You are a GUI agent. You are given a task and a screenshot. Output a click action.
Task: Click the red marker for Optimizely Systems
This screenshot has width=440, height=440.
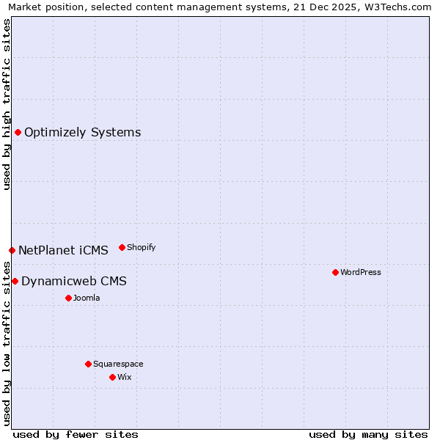[18, 132]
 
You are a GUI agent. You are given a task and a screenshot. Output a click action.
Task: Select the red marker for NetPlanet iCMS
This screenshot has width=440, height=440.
[12, 250]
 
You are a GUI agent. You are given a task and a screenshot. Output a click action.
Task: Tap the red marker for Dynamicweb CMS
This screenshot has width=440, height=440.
[15, 281]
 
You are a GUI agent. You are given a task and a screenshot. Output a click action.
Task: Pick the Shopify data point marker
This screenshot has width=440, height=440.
[122, 247]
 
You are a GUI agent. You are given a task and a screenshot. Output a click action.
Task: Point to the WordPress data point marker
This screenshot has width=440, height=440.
[335, 272]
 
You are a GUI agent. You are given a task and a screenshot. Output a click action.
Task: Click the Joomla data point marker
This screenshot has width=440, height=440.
[68, 298]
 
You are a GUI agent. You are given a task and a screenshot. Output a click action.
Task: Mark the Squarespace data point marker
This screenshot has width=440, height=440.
[88, 364]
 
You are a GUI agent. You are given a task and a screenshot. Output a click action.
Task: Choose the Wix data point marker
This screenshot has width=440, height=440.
[112, 377]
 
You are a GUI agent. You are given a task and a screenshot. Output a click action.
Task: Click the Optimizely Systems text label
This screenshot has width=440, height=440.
[82, 133]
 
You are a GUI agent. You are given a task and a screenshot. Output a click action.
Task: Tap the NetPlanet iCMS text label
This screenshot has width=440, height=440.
[63, 251]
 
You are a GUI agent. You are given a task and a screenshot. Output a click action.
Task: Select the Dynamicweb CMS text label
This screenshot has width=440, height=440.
[73, 282]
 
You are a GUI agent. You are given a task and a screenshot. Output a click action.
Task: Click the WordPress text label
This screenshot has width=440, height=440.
[361, 273]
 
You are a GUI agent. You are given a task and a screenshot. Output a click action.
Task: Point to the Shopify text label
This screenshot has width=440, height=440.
[141, 248]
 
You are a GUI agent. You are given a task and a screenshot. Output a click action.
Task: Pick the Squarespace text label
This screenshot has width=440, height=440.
[118, 364]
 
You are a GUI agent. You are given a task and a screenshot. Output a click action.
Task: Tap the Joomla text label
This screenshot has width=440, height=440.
[87, 298]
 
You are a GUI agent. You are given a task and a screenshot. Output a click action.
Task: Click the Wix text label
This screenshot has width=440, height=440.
[124, 378]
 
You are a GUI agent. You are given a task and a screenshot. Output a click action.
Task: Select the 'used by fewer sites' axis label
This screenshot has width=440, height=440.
[76, 435]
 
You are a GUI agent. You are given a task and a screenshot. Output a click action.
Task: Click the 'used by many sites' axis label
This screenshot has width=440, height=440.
[368, 435]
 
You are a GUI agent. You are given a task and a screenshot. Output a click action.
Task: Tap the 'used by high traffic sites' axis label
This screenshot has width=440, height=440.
[7, 104]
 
